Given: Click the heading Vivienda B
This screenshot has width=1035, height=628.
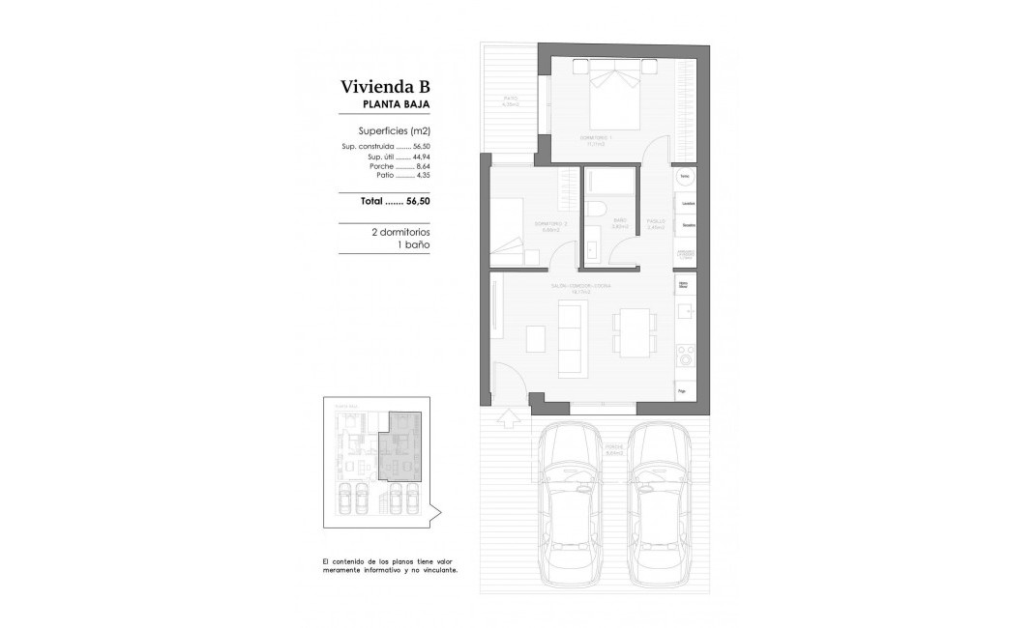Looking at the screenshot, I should click(384, 86).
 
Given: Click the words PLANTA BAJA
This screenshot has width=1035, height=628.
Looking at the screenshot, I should click(396, 104).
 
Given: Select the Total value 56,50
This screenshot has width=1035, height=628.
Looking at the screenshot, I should click(417, 202).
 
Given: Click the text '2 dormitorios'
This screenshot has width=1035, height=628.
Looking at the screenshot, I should click(399, 233).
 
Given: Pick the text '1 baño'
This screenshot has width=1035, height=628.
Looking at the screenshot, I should click(413, 245).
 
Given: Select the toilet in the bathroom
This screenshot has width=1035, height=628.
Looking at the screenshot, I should click(597, 211).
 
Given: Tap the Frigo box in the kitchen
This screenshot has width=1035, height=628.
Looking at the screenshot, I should click(687, 391).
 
